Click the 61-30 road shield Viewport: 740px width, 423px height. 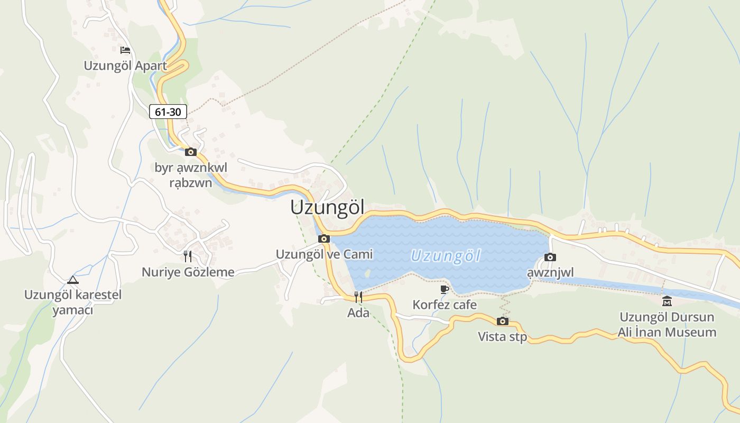[x=168, y=112]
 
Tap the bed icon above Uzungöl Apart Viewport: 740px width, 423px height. [x=125, y=50]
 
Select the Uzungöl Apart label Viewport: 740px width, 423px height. [x=125, y=66]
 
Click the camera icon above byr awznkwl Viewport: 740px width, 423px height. [x=191, y=152]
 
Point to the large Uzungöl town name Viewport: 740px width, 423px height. [x=327, y=208]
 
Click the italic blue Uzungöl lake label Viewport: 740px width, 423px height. [x=446, y=256]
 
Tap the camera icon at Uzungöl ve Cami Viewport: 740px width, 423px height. [x=324, y=238]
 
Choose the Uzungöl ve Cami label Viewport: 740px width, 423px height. [x=324, y=254]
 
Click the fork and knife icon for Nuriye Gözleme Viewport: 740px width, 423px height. [x=188, y=256]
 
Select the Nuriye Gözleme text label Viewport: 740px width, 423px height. [x=188, y=272]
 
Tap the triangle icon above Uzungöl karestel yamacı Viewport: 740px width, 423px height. [x=72, y=280]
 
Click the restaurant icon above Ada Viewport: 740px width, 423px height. [x=358, y=297]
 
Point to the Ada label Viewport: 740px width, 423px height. [x=358, y=313]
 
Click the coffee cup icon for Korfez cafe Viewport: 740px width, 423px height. [x=445, y=289]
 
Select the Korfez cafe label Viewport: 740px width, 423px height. [x=445, y=305]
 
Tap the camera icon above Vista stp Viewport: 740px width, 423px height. [x=503, y=321]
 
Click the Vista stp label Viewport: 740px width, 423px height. [x=503, y=337]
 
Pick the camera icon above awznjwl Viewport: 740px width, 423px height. [x=550, y=257]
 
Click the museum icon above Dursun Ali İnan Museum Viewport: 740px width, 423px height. [x=667, y=301]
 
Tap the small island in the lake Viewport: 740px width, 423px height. [x=367, y=273]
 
